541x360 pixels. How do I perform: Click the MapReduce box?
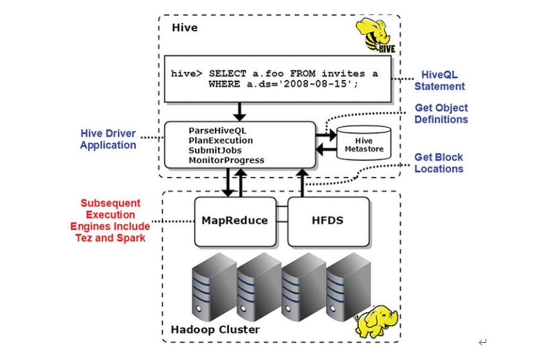click(x=235, y=221)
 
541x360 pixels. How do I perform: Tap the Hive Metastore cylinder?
click(x=364, y=143)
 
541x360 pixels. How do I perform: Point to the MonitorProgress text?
click(x=226, y=160)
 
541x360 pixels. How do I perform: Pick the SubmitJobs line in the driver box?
click(x=215, y=150)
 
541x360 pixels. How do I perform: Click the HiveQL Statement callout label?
click(x=440, y=81)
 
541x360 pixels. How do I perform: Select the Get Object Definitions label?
click(x=441, y=114)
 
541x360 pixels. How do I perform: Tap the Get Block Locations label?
click(x=439, y=163)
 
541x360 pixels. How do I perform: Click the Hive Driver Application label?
click(x=108, y=139)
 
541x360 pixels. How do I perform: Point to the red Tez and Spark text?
click(x=110, y=238)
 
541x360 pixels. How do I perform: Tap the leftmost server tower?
click(x=208, y=288)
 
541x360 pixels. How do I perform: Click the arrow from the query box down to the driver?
click(x=239, y=111)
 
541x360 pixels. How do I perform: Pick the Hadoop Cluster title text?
click(x=215, y=330)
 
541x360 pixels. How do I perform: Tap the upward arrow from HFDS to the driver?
click(x=303, y=183)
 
